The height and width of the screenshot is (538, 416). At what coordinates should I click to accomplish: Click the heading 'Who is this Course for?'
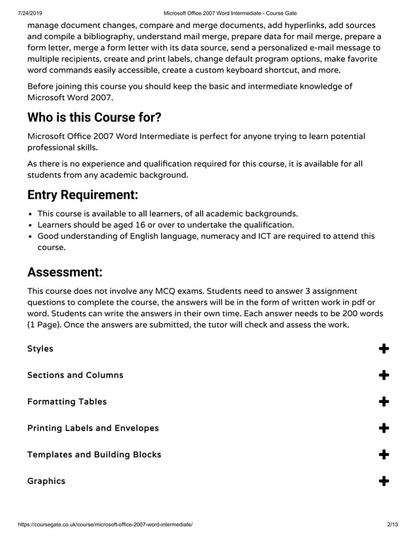point(94,118)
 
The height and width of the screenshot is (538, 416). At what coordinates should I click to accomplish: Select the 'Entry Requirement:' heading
point(82,195)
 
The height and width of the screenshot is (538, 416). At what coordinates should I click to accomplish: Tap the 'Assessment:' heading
point(65,272)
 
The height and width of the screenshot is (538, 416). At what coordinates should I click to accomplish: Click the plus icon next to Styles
point(384,349)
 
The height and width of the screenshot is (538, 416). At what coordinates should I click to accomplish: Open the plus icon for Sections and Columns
point(384,375)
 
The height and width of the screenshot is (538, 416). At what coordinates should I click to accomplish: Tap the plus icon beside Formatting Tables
point(384,402)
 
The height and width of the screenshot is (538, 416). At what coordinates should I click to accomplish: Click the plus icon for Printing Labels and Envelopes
point(384,429)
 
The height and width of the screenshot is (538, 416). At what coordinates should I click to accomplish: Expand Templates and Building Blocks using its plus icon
point(384,455)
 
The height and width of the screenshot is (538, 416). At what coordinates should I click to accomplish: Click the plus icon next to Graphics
point(384,481)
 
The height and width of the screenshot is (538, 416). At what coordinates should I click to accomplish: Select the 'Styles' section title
point(40,348)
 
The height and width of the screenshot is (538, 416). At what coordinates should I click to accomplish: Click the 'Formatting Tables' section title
point(67,402)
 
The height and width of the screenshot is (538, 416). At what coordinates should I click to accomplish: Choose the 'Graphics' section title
point(46,481)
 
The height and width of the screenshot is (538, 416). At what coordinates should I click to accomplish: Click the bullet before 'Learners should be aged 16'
point(31,225)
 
